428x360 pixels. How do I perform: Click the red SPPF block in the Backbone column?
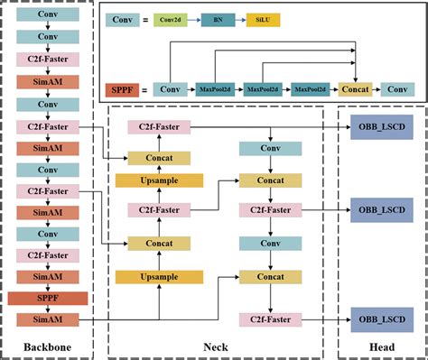tap(48, 298)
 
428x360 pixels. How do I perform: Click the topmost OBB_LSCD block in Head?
tap(380, 126)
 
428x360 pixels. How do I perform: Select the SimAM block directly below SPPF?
tap(48, 318)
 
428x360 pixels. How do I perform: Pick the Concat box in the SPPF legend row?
tap(355, 90)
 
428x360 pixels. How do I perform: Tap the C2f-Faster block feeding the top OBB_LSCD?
tap(154, 127)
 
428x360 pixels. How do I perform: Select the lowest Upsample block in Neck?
tap(154, 277)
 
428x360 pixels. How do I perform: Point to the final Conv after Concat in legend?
tap(395, 90)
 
